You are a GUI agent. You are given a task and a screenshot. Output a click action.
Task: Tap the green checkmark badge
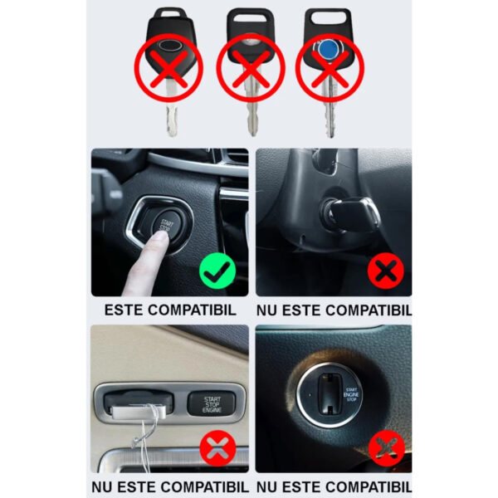[x=217, y=271]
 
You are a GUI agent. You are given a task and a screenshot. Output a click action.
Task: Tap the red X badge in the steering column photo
[x=386, y=271]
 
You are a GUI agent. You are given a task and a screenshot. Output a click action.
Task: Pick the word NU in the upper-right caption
[x=268, y=310]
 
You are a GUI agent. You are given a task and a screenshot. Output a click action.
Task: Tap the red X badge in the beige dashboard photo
[x=217, y=449]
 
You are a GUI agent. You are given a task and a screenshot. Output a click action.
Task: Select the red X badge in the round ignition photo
[x=386, y=449]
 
